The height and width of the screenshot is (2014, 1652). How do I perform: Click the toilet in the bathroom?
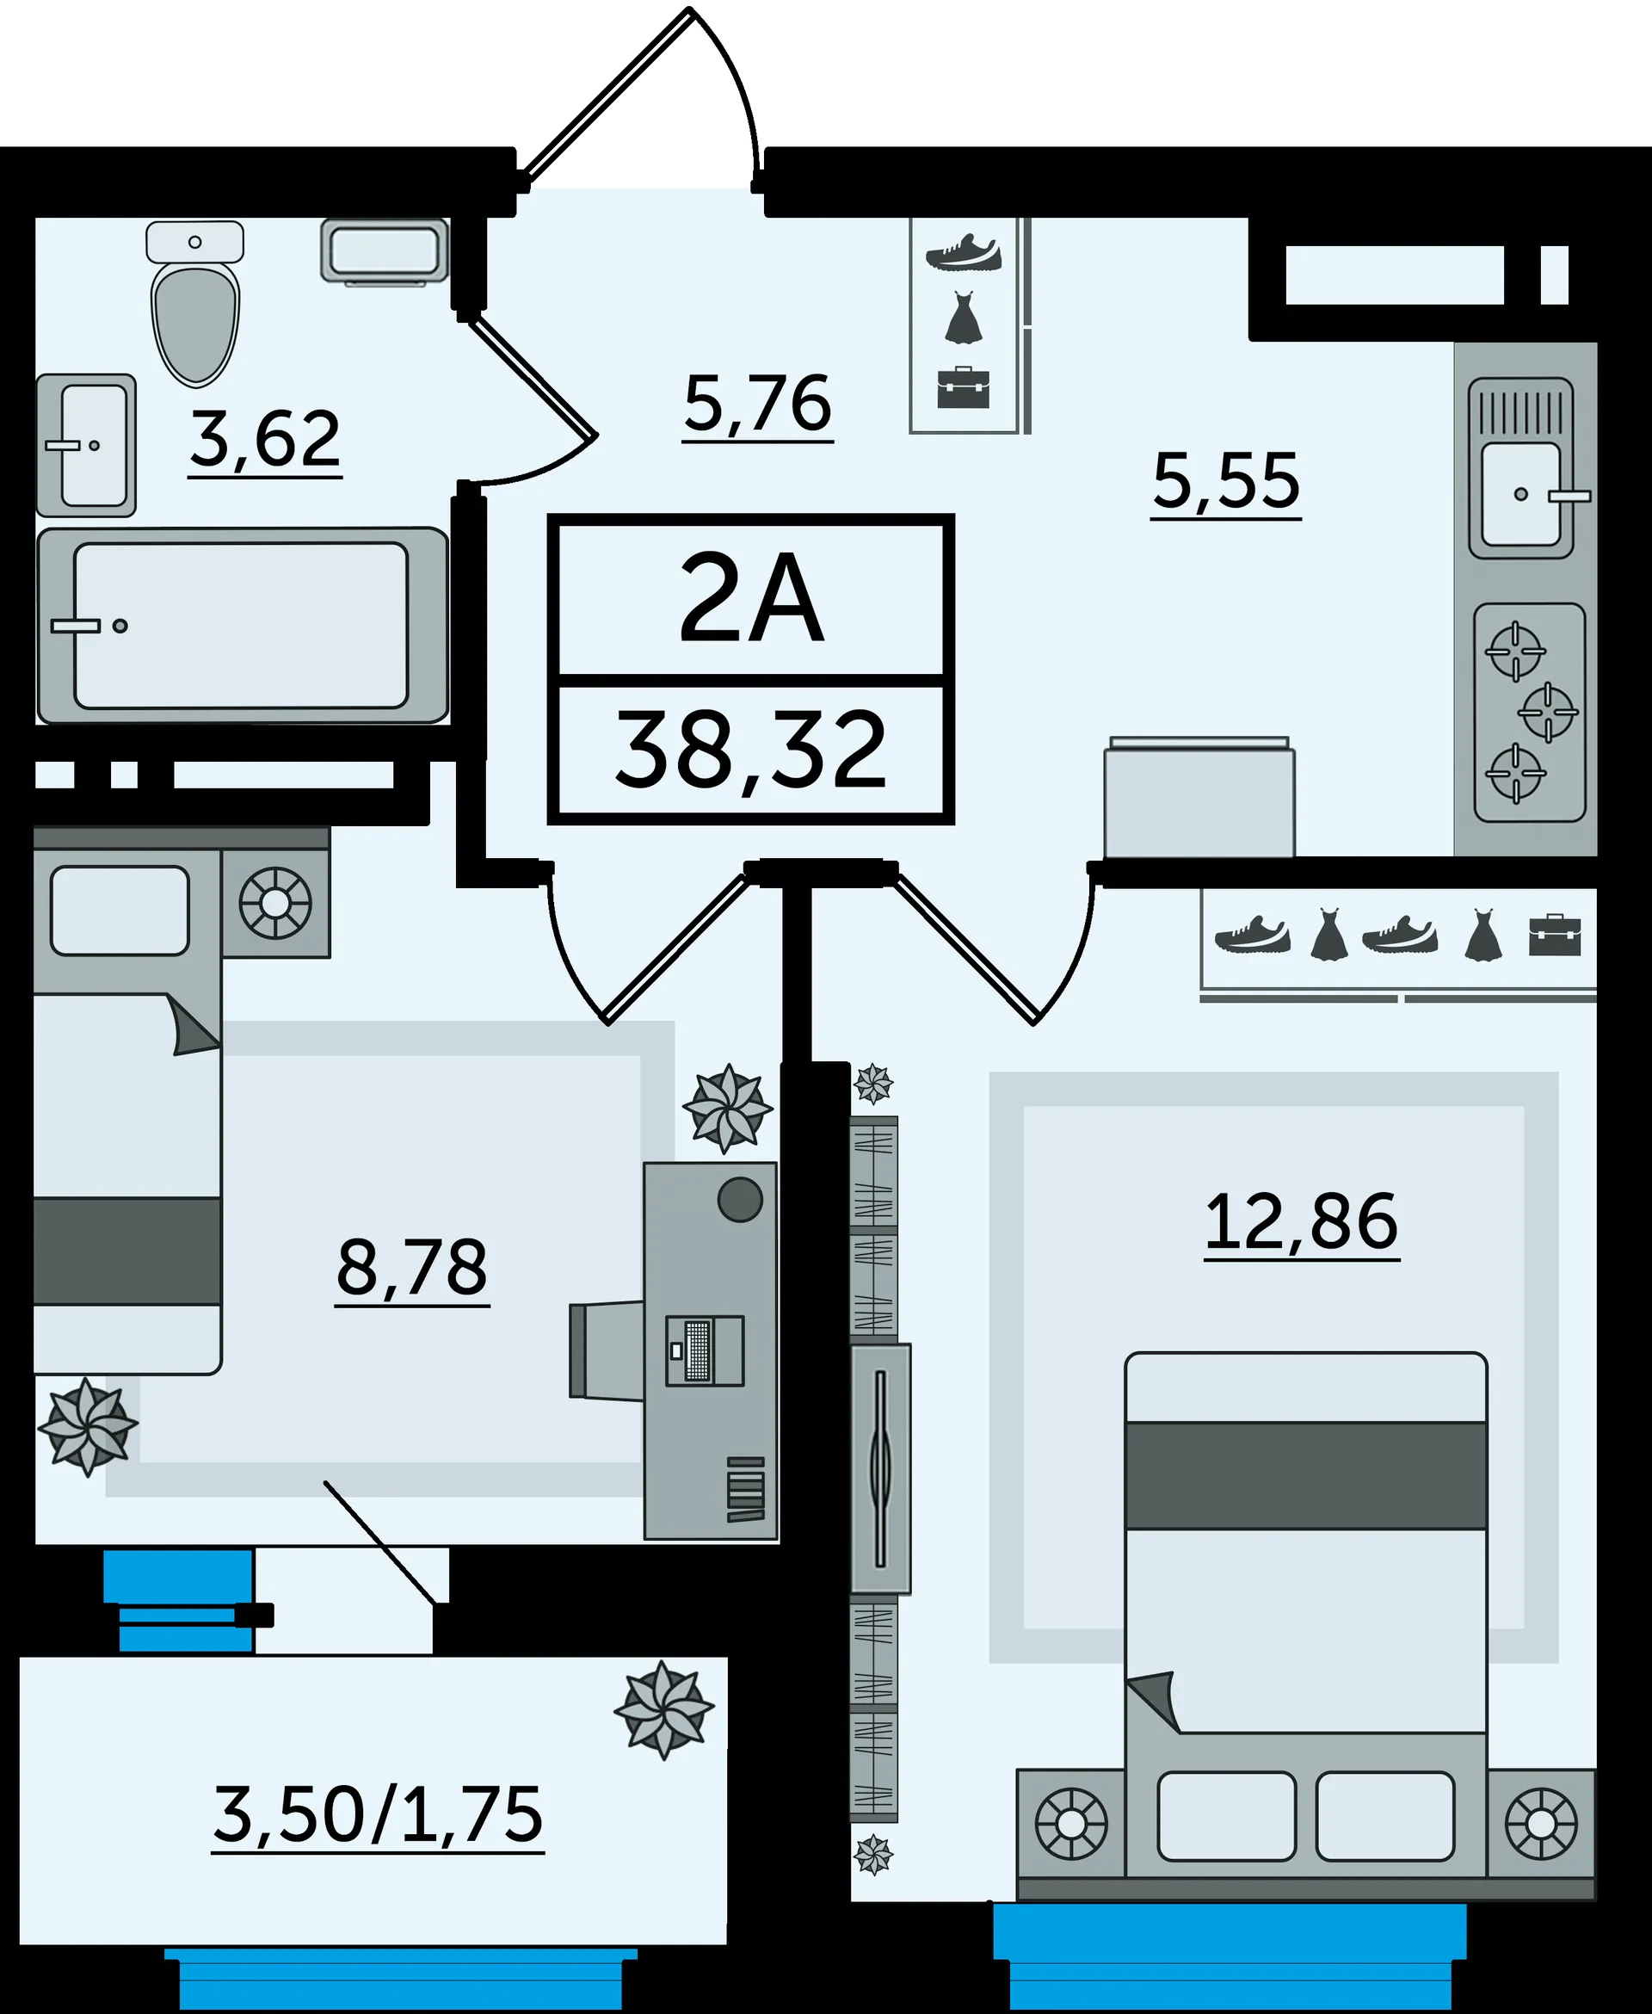[x=195, y=305]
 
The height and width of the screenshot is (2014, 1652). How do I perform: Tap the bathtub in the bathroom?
[x=243, y=626]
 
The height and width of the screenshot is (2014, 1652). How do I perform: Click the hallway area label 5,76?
[x=758, y=404]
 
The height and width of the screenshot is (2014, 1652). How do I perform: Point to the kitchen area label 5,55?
[x=1226, y=482]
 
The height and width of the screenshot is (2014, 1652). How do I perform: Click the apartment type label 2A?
[x=751, y=597]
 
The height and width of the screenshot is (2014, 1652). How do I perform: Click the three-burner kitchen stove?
[x=1529, y=712]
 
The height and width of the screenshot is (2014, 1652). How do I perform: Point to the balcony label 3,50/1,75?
[x=378, y=1815]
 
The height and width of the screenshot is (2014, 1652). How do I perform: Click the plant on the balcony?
[x=663, y=1709]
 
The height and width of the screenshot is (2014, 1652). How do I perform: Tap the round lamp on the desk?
[x=740, y=1199]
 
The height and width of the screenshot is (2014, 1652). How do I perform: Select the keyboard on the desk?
[x=699, y=1350]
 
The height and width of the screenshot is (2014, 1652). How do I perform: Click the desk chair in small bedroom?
[x=607, y=1350]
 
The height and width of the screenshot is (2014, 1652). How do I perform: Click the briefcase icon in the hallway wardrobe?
[x=963, y=387]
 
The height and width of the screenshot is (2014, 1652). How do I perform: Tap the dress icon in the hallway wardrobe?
[x=963, y=318]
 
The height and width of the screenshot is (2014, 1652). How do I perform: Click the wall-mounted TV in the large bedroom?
[x=880, y=1468]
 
